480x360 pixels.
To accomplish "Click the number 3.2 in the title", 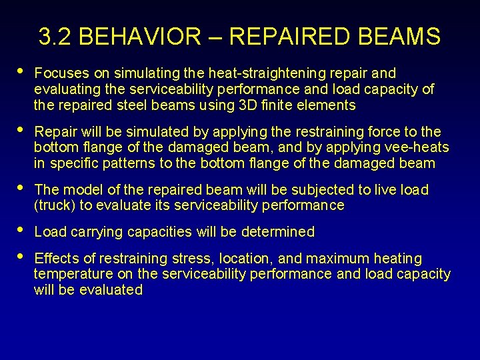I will [x=55, y=37].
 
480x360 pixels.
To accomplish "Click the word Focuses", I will [x=60, y=73].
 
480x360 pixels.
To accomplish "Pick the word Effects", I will [x=57, y=258].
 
